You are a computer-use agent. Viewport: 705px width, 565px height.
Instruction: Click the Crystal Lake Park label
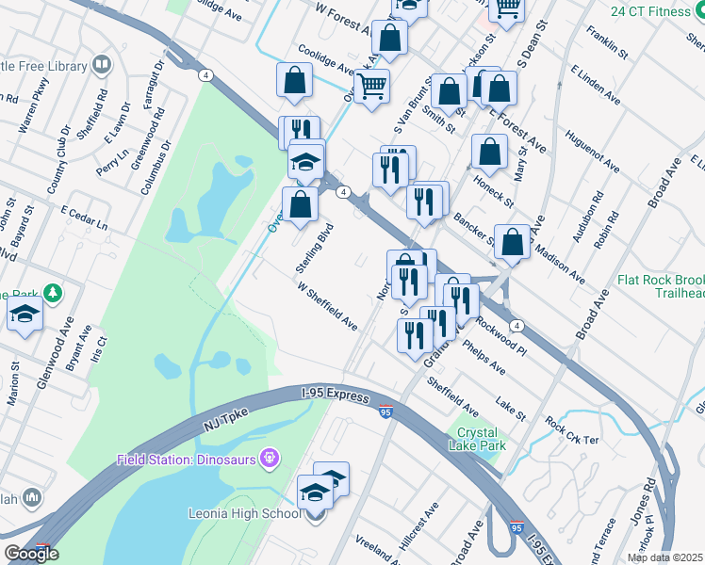click(481, 439)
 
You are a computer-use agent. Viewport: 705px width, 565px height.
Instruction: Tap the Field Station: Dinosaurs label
click(187, 460)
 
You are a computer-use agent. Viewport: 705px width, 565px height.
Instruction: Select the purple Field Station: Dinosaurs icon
click(271, 459)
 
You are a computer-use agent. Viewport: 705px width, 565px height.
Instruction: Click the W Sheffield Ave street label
click(327, 307)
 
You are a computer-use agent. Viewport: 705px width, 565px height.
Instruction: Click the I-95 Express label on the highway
click(335, 396)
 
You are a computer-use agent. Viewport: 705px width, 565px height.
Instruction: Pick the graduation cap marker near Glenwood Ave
click(25, 317)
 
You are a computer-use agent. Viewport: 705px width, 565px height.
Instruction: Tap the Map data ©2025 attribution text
click(665, 557)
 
